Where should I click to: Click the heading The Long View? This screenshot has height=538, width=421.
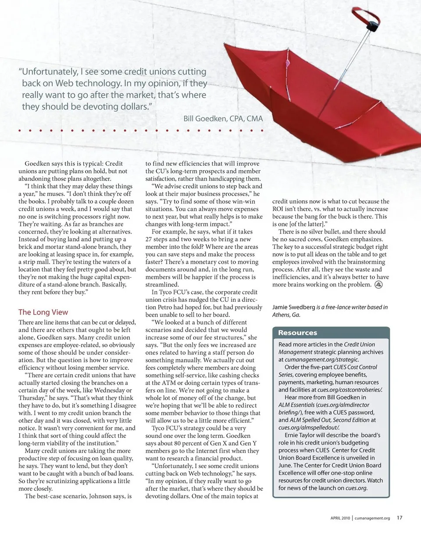point(43,312)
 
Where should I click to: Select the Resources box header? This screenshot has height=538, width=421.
point(297,333)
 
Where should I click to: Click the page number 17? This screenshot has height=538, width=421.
point(400,517)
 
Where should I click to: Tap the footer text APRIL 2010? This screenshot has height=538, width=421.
point(340,518)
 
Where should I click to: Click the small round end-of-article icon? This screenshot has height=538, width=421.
point(379,285)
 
